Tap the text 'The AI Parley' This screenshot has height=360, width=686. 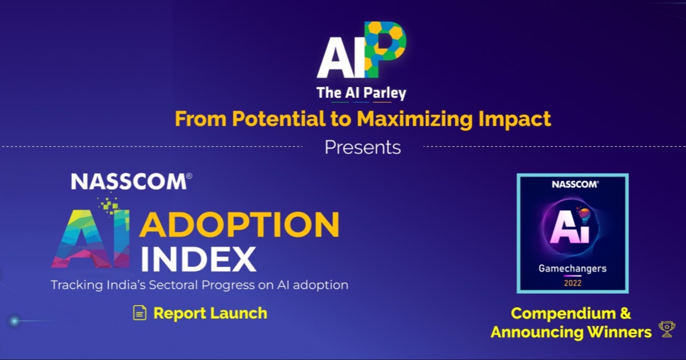click(361, 93)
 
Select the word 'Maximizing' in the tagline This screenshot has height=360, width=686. click(415, 119)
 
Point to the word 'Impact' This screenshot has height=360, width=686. click(514, 119)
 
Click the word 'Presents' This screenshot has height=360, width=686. click(362, 147)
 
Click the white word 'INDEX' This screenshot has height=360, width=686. click(198, 259)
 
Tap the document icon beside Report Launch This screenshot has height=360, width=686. click(140, 313)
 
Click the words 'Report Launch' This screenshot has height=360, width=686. click(210, 313)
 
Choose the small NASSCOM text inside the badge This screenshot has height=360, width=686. click(575, 184)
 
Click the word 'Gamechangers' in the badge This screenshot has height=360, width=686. click(572, 269)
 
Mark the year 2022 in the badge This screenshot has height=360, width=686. click(573, 283)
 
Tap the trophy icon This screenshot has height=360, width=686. click(667, 329)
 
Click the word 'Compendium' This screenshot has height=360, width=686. click(563, 314)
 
